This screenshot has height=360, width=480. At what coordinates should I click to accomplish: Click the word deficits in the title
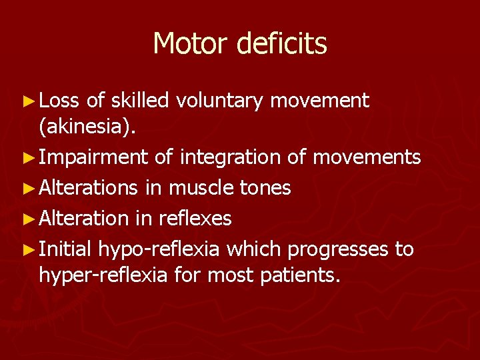[281, 44]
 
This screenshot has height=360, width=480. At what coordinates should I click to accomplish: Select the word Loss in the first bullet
[59, 101]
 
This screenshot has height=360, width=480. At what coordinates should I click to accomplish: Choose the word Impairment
[93, 158]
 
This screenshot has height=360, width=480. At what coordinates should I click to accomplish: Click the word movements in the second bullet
[366, 158]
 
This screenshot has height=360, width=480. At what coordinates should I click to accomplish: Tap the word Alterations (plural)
[90, 188]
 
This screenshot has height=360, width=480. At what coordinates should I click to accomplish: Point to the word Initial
[65, 249]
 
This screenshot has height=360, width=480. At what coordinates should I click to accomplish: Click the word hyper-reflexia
[103, 274]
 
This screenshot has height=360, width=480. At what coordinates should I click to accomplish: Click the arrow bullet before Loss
[27, 101]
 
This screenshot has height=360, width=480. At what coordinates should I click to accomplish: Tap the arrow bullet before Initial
[27, 249]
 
